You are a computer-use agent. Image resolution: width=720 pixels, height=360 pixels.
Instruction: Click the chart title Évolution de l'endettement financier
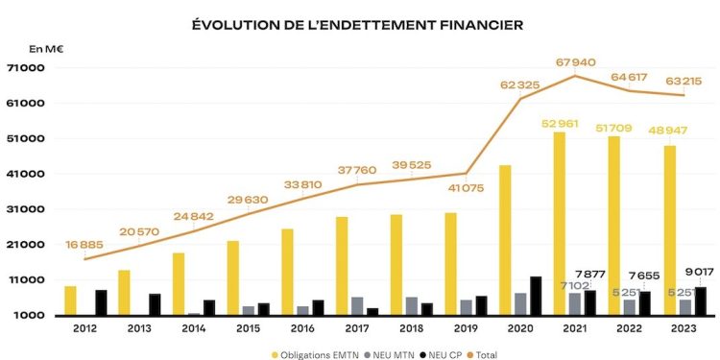point(358,23)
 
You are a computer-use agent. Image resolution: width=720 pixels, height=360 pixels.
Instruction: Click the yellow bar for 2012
point(70,300)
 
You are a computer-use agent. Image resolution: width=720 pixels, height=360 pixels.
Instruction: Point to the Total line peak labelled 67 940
point(575,76)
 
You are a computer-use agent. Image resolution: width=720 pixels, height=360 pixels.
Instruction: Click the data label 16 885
point(84,244)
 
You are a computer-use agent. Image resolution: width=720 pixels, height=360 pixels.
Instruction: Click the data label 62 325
point(519,85)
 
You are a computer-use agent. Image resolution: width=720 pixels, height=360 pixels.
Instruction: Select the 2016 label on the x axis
point(300,327)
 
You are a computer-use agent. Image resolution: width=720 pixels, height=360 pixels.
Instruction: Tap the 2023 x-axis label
point(683,327)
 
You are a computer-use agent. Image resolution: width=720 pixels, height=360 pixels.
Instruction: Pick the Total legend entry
point(487,353)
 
